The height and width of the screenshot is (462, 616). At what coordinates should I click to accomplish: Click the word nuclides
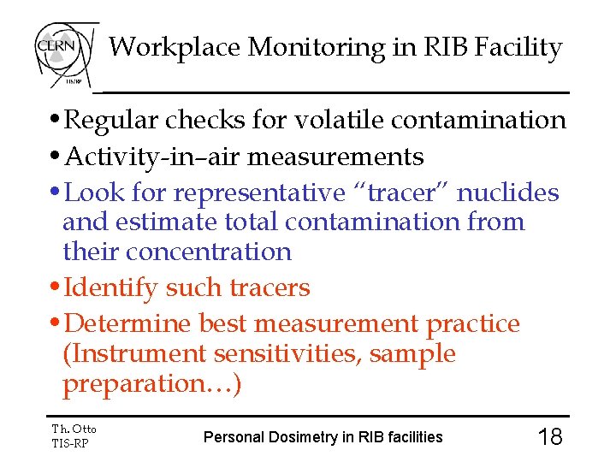[508, 192]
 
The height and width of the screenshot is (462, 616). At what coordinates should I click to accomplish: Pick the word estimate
[166, 222]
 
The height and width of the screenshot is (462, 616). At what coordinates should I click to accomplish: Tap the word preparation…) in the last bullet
[152, 384]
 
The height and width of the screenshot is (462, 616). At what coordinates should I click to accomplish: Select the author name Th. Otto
[74, 429]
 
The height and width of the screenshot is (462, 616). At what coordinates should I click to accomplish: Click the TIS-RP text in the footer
[70, 443]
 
